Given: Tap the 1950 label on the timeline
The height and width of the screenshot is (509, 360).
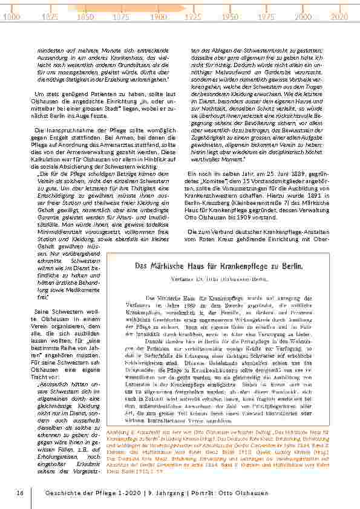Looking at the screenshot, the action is (x=229, y=18).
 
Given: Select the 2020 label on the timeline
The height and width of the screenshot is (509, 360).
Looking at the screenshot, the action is (x=340, y=18).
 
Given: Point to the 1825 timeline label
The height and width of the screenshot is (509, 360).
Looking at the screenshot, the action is (x=48, y=18).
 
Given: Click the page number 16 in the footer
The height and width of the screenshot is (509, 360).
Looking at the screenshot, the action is (x=20, y=493).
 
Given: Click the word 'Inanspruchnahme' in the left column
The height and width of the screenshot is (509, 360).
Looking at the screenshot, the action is (x=68, y=131).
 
